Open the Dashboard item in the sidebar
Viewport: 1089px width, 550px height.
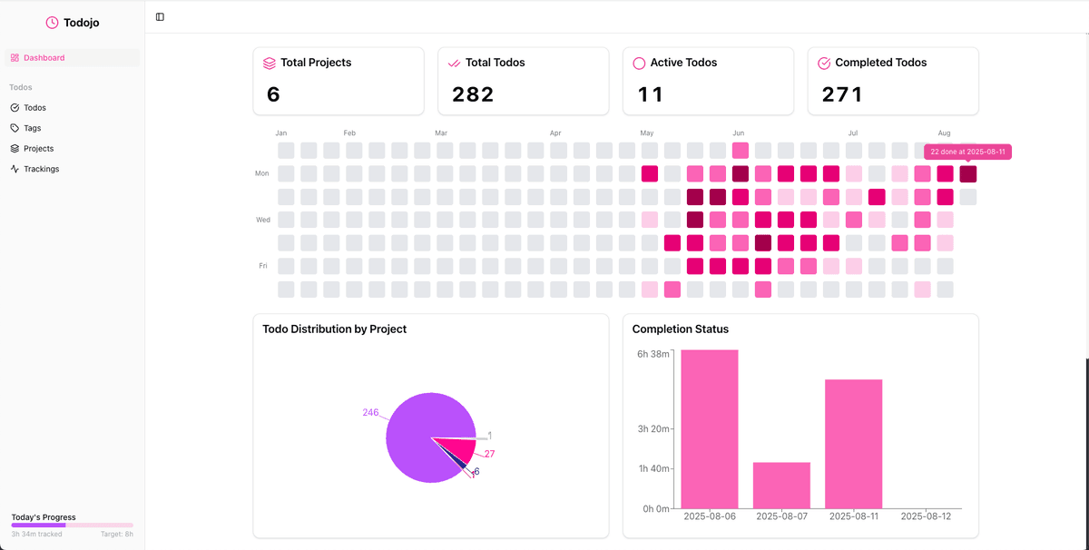tap(44, 58)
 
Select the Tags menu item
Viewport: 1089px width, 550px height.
tap(32, 128)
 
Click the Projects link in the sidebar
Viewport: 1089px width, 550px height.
tap(38, 149)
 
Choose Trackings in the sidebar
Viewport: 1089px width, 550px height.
tap(41, 169)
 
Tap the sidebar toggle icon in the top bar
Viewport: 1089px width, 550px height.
tap(160, 17)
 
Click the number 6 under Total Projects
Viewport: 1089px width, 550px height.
tap(273, 94)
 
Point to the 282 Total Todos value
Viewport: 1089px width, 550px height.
tap(473, 94)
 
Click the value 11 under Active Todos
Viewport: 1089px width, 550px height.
tap(651, 94)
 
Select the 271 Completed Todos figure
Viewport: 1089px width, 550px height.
tap(842, 94)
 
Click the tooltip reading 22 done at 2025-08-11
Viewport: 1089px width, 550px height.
tap(967, 152)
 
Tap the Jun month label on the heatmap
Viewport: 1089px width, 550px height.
tap(739, 133)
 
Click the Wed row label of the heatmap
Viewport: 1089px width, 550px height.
tap(261, 220)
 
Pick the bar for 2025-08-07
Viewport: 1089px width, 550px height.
tap(781, 485)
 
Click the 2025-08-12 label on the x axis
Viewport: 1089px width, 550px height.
tap(925, 516)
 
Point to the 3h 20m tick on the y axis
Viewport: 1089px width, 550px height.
tap(652, 429)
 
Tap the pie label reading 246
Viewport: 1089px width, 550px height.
tap(370, 412)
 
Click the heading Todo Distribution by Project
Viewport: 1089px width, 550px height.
tap(334, 329)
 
